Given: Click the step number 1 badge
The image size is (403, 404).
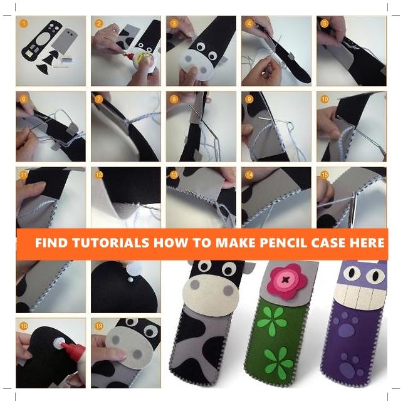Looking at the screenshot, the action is pyautogui.click(x=24, y=24).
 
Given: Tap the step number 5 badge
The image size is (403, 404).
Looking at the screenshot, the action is pyautogui.click(x=325, y=24).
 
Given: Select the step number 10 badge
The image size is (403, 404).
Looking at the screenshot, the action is pyautogui.click(x=325, y=99).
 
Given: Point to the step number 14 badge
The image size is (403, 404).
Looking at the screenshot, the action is pyautogui.click(x=249, y=175).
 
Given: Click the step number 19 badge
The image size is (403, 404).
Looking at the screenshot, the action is pyautogui.click(x=99, y=326).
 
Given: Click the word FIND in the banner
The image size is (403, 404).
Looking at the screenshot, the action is pyautogui.click(x=51, y=242).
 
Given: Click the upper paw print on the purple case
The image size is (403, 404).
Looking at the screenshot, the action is pyautogui.click(x=346, y=325).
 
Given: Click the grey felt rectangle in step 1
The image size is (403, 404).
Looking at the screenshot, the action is pyautogui.click(x=65, y=41).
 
